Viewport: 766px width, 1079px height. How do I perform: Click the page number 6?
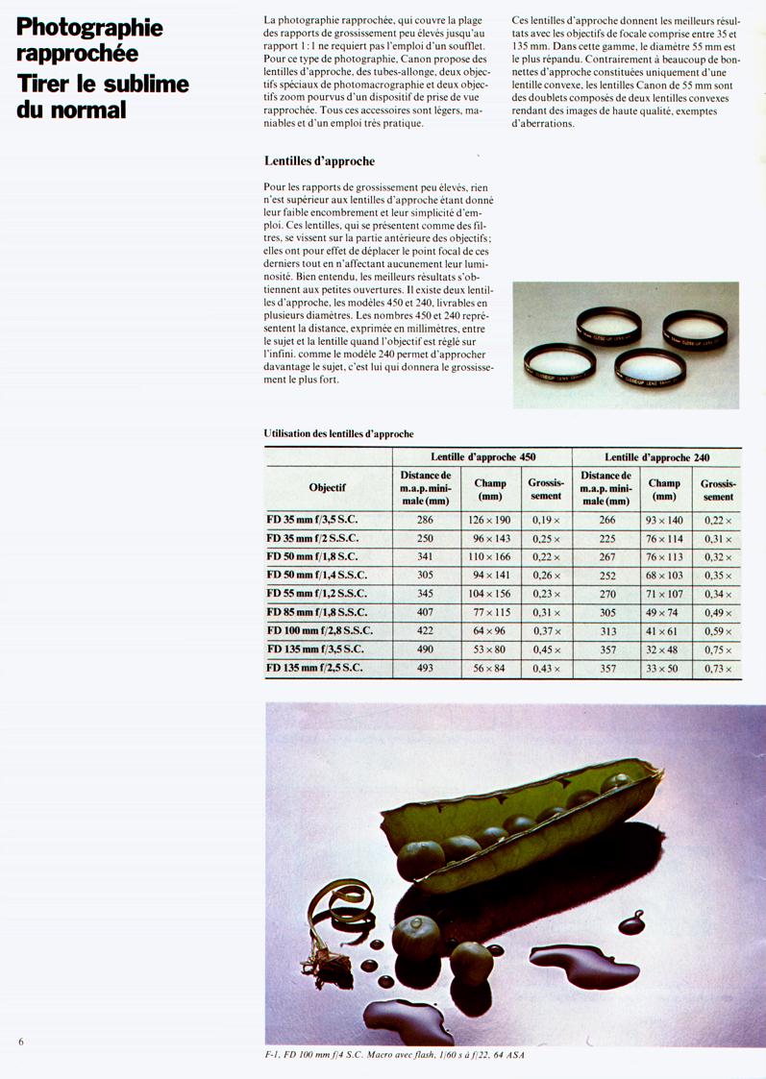[20, 1041]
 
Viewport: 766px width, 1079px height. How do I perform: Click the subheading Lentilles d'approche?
[318, 160]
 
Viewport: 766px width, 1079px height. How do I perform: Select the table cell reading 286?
[425, 520]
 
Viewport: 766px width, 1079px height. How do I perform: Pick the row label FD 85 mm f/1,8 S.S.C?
[316, 612]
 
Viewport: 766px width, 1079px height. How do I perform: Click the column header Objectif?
[328, 487]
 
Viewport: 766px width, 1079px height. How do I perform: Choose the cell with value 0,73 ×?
[717, 668]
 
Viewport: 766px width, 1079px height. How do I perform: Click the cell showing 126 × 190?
[490, 520]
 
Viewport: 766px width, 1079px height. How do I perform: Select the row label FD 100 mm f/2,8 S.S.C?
[319, 630]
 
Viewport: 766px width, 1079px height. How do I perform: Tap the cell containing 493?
[425, 668]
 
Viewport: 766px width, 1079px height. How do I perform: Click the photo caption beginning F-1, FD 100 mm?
[395, 1055]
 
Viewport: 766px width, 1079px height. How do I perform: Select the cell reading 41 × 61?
[663, 631]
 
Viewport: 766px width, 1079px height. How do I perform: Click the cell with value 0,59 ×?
[717, 631]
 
